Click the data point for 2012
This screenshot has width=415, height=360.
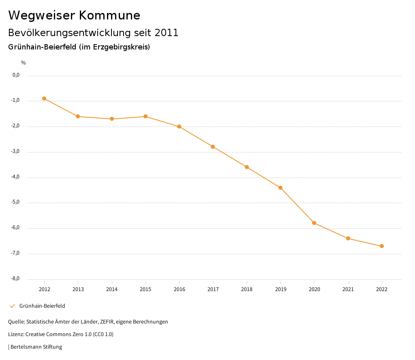44,99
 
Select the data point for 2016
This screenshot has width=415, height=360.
179,126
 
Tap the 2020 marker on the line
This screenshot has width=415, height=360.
314,223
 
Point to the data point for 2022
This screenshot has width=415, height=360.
382,246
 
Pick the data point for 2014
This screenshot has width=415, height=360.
112,119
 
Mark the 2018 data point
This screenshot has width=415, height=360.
247,167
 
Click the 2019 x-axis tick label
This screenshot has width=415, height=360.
280,289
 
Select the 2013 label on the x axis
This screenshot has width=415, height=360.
78,289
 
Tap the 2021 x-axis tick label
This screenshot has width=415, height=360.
348,289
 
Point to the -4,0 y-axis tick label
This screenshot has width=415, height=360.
16,177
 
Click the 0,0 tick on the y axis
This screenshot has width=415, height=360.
16,75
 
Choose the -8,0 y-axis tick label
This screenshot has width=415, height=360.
16,279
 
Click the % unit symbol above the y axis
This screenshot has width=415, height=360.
24,63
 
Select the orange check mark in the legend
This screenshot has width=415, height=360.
12,306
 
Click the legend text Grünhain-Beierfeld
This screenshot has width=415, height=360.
42,306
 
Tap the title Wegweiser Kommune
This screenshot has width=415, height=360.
74,15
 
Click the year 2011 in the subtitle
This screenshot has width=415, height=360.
167,33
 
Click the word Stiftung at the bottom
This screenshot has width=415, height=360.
53,347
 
